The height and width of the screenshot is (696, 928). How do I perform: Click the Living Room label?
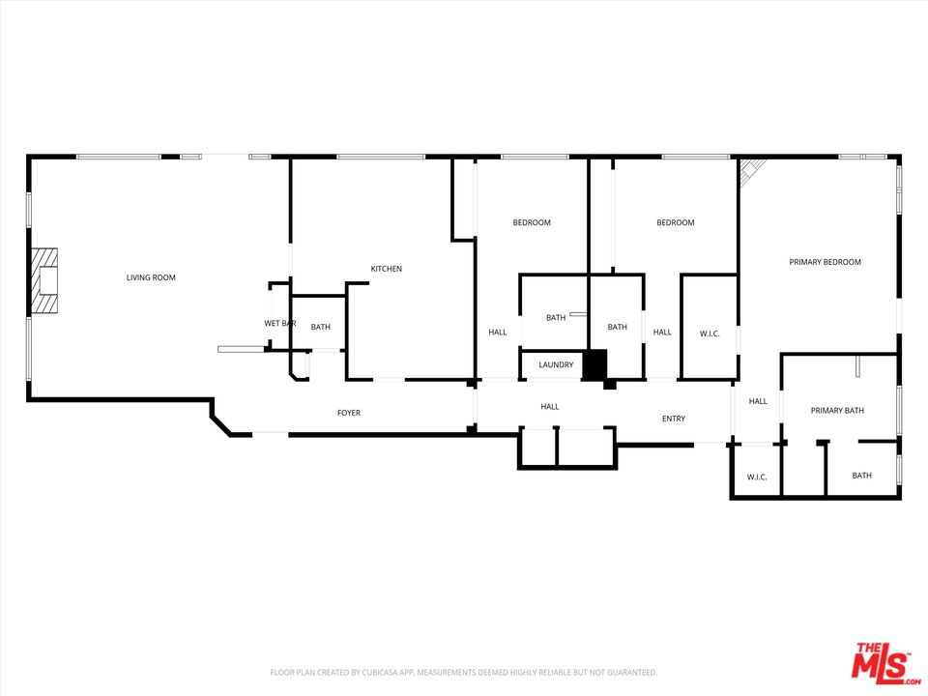[151, 278]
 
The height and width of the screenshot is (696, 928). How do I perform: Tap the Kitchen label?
[386, 269]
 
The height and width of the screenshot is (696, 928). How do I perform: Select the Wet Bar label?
[279, 323]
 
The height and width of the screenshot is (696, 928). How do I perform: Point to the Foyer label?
[348, 413]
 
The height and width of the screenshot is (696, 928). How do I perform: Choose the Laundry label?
[556, 364]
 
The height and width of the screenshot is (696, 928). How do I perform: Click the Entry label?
[673, 419]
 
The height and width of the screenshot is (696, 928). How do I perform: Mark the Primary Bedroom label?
[825, 262]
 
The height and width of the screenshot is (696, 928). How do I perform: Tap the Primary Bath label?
[837, 411]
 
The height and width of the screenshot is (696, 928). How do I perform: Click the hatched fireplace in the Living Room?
[43, 280]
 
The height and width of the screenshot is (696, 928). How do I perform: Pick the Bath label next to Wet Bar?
[320, 327]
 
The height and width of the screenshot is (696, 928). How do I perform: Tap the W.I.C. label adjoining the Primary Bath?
[756, 477]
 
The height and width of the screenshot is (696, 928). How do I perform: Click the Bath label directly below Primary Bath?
[861, 476]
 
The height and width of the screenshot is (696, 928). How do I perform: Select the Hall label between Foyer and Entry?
[549, 407]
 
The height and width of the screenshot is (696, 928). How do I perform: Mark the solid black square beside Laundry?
[594, 364]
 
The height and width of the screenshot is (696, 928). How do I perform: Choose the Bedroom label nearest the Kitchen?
[531, 223]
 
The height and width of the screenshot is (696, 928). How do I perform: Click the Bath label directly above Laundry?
[555, 317]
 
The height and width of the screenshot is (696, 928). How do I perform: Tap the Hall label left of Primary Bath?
[757, 401]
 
